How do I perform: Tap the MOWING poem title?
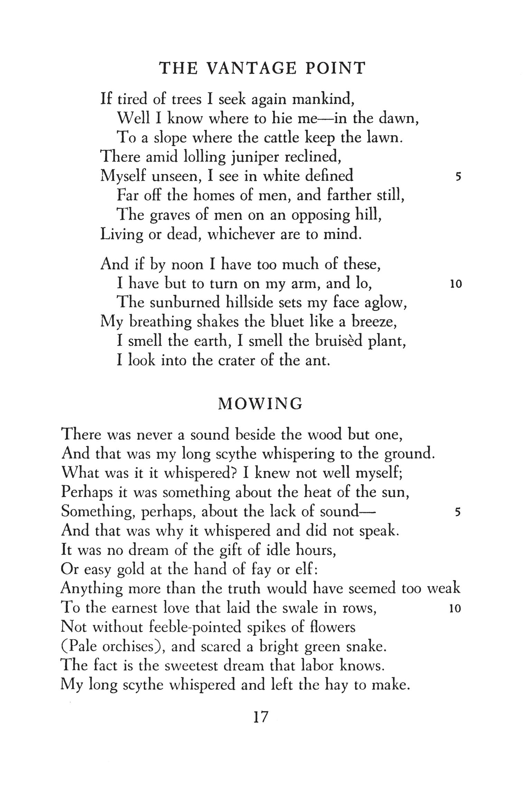tap(261, 403)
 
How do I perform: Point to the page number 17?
tap(261, 717)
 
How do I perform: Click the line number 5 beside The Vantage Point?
tap(458, 177)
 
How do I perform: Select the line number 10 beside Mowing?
tap(455, 609)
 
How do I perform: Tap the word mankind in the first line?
tap(321, 99)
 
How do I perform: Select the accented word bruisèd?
tap(339, 341)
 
